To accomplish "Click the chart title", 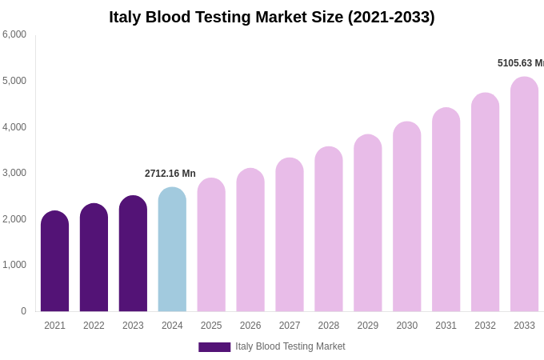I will point(272,17).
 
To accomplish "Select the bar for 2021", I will point(54,262).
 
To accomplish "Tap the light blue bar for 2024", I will point(172,250).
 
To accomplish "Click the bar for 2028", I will point(329,230).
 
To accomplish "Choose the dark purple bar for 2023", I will point(133,254).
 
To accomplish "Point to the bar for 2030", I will point(407,217).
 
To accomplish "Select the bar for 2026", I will point(250,240).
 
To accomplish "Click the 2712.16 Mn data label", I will point(170,174).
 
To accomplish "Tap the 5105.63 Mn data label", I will point(520,63).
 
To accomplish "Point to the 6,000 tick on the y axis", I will point(14,34).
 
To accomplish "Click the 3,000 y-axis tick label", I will point(14,173).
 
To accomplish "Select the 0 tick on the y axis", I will point(23,311).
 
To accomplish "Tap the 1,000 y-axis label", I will point(14,265).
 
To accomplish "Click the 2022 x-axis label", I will point(94,326).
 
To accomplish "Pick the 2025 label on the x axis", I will point(211,326).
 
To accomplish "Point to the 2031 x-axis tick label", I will point(446,326).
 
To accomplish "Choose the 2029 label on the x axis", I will point(368,326).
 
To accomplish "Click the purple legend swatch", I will point(214,347).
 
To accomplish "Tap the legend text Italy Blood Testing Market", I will point(290,346).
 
